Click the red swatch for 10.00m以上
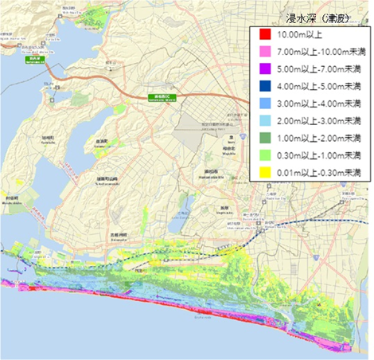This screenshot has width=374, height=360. (263, 34)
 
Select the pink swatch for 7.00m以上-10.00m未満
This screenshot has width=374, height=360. (263, 52)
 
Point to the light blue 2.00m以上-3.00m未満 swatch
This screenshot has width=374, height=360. (263, 121)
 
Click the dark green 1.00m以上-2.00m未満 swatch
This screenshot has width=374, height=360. (263, 138)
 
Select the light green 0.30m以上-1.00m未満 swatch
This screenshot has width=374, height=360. (263, 155)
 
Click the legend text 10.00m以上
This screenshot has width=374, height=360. (300, 34)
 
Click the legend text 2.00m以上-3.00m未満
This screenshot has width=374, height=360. (319, 121)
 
